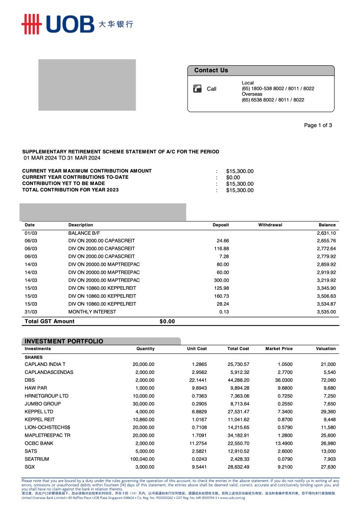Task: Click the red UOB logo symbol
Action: pyautogui.click(x=31, y=24)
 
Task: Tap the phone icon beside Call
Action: pyautogui.click(x=197, y=89)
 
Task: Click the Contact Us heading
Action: pyautogui.click(x=211, y=70)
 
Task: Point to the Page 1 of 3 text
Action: pyautogui.click(x=318, y=125)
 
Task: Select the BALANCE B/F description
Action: pyautogui.click(x=84, y=233)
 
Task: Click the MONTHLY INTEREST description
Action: pyautogui.click(x=92, y=312)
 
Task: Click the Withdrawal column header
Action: pyautogui.click(x=270, y=225)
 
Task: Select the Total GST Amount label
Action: pyautogui.click(x=49, y=322)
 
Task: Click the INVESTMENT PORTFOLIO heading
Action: pyautogui.click(x=64, y=341)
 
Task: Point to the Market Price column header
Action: pyautogui.click(x=279, y=348)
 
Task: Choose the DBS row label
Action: pyautogui.click(x=29, y=380)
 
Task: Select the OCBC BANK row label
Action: pyautogui.click(x=39, y=443)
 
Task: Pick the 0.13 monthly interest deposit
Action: pyautogui.click(x=224, y=312)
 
